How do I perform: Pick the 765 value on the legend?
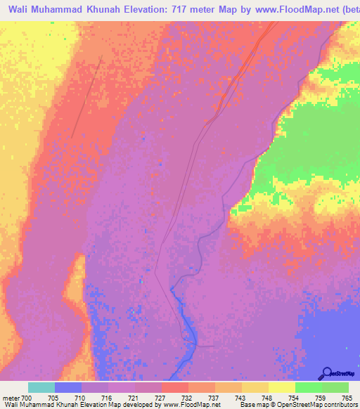[346, 398]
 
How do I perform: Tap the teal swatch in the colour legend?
[41, 387]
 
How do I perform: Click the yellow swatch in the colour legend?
[281, 387]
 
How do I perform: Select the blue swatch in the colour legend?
[67, 387]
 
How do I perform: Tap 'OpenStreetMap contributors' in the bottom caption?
[323, 405]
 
